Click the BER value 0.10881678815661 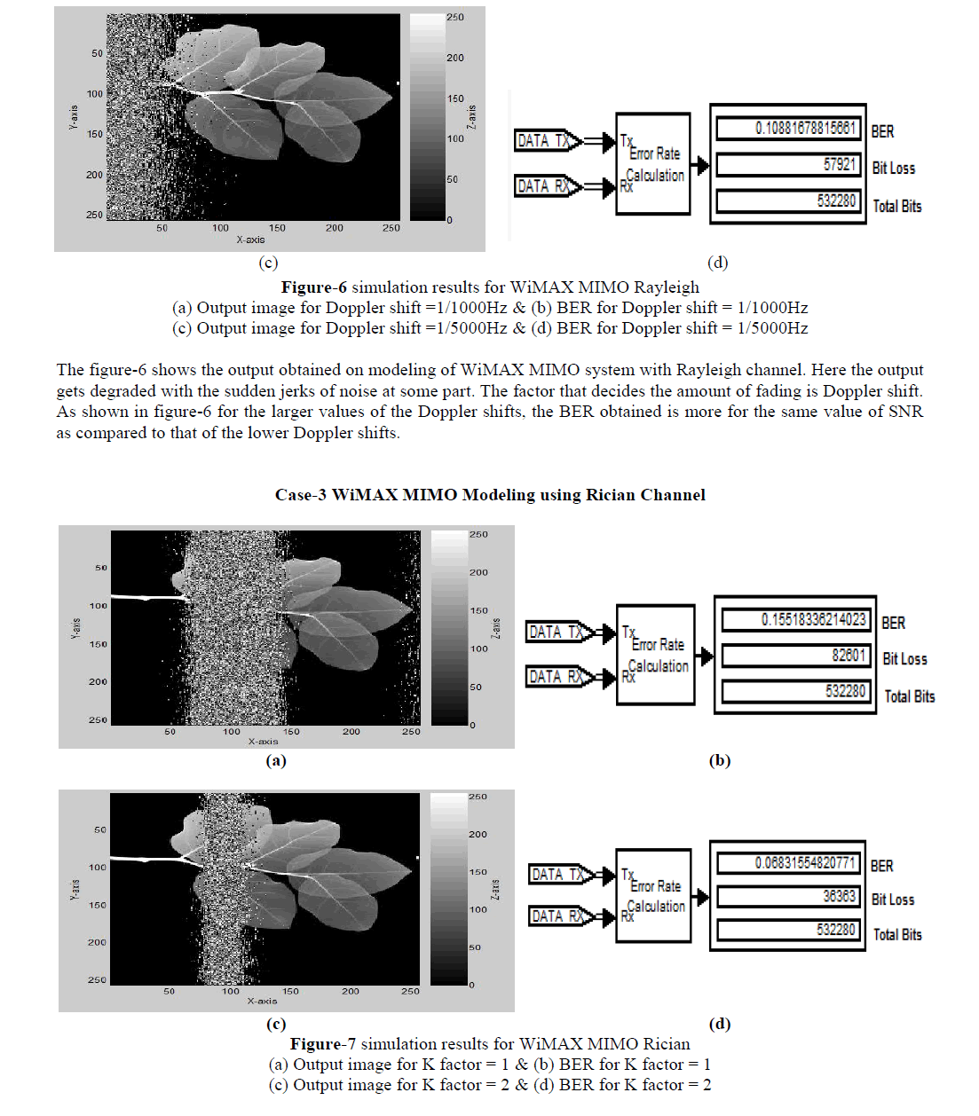click(805, 128)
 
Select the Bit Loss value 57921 click(839, 165)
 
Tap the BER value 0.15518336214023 click(812, 619)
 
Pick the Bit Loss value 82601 click(848, 656)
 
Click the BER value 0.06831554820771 click(805, 862)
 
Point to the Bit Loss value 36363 click(839, 896)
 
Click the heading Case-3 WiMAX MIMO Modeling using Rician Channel click(490, 495)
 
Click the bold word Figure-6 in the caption click(313, 287)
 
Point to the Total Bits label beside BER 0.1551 click(909, 696)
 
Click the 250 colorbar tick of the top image click(455, 17)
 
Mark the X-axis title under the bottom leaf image click(262, 1001)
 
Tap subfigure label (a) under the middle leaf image click(276, 760)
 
